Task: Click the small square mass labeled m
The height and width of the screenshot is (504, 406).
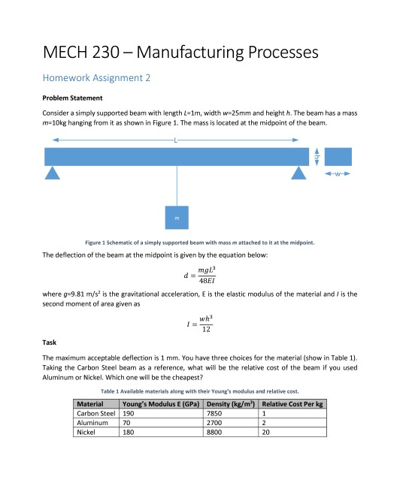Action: pos(177,216)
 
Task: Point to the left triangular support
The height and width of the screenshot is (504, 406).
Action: pos(52,174)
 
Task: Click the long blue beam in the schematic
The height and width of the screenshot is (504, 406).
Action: pos(177,156)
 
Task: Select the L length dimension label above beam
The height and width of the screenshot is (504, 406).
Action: pos(177,140)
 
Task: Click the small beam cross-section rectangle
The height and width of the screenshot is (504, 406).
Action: pos(338,156)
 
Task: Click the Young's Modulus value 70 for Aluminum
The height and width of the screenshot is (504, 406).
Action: pos(126,423)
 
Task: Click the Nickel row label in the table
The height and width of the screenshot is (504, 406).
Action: pos(88,432)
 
